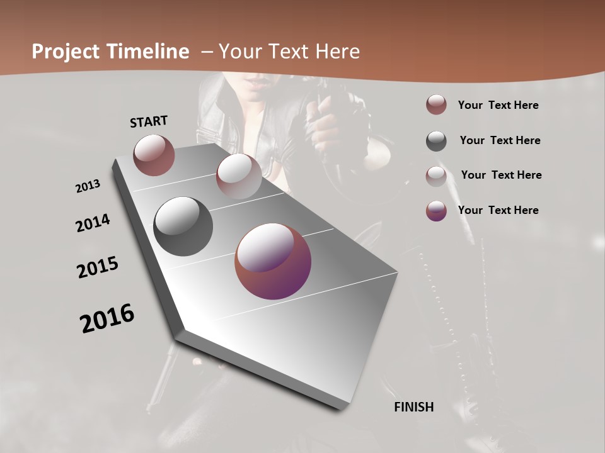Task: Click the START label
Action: click(x=149, y=121)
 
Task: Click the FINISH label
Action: click(x=414, y=407)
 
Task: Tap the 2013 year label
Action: click(x=88, y=186)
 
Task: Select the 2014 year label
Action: click(x=93, y=223)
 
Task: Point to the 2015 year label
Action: click(x=98, y=267)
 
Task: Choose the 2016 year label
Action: click(x=107, y=318)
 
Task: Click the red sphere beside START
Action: click(x=154, y=155)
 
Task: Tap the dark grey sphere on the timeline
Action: click(x=183, y=226)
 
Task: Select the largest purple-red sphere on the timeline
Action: click(x=273, y=261)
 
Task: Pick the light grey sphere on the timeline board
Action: click(x=239, y=176)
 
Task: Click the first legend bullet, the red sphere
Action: click(x=436, y=105)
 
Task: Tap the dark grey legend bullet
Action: click(x=436, y=141)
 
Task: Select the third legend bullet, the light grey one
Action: click(x=436, y=176)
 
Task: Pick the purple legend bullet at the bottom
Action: click(x=436, y=211)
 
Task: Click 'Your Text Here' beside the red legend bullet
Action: click(x=498, y=105)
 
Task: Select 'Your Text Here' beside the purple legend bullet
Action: click(x=498, y=210)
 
